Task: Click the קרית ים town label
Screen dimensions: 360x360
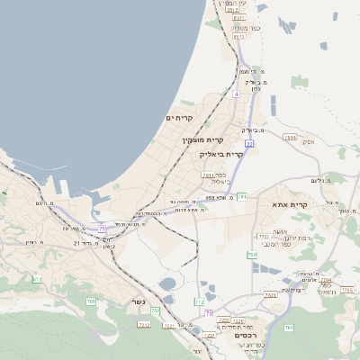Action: click(x=180, y=118)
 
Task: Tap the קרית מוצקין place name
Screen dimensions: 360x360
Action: click(x=202, y=139)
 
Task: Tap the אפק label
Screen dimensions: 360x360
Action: click(x=309, y=141)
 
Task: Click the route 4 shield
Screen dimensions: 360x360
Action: click(x=236, y=93)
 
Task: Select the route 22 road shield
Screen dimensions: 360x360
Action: click(x=248, y=143)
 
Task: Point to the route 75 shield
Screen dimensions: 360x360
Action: click(x=102, y=229)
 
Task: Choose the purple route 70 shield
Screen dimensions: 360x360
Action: click(x=208, y=313)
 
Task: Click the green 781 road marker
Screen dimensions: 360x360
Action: click(x=241, y=195)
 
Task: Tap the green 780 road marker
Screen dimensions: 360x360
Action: click(x=252, y=255)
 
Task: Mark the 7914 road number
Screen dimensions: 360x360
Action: click(x=290, y=137)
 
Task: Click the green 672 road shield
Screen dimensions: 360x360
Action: click(x=37, y=280)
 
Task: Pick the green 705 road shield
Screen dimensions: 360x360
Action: click(x=91, y=301)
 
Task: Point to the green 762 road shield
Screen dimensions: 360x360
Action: click(x=199, y=301)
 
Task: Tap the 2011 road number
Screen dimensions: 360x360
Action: click(x=208, y=175)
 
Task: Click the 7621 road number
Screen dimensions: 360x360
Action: click(x=270, y=294)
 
